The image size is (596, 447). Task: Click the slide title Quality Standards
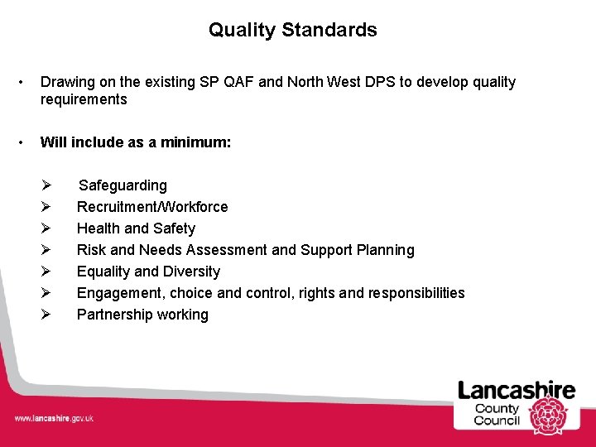292,31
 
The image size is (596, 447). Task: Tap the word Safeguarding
123,185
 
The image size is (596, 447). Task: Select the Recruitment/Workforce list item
152,207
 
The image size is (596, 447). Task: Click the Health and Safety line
136,228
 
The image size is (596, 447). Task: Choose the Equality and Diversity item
148,272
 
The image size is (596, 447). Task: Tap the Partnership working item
142,315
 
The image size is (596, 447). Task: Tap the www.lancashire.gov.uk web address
54,418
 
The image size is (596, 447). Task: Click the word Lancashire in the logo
517,391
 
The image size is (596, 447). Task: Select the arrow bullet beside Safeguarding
46,185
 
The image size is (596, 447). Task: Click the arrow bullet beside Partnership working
46,315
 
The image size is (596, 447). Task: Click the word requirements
84,100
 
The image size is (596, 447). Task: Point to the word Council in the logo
497,421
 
